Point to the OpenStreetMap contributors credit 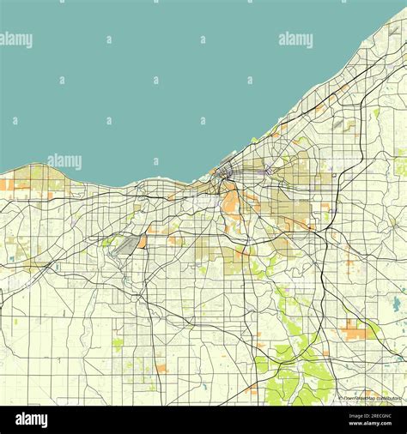pyautogui.click(x=370, y=398)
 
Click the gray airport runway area pyautogui.click(x=125, y=246)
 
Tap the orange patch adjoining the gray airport pyautogui.click(x=141, y=243)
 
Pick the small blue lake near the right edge pyautogui.click(x=395, y=304)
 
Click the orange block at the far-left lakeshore pyautogui.click(x=6, y=184)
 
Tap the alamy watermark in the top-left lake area pyautogui.click(x=16, y=39)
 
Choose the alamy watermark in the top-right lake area pyautogui.click(x=295, y=39)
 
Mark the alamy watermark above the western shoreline pyautogui.click(x=64, y=161)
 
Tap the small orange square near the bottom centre pyautogui.click(x=161, y=368)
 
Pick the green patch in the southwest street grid pyautogui.click(x=118, y=343)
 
